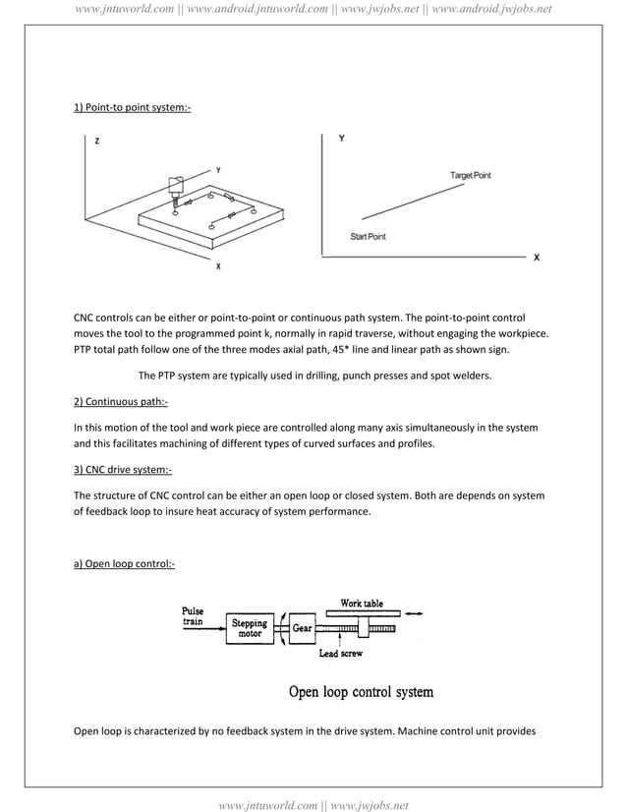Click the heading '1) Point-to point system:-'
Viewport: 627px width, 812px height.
point(132,106)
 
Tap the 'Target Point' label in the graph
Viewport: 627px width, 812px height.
point(470,175)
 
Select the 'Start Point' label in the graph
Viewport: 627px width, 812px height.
point(369,237)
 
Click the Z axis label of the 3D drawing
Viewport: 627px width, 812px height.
point(96,142)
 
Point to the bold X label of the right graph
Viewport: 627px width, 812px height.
point(536,258)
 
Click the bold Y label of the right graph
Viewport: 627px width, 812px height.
point(341,139)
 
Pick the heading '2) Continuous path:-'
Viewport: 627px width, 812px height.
point(121,402)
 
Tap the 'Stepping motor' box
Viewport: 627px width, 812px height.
point(249,628)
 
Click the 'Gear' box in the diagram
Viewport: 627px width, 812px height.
point(302,628)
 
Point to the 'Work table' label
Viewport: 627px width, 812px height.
point(362,603)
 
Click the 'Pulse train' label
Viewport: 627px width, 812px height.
point(193,615)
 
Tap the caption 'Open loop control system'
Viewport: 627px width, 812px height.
point(361,692)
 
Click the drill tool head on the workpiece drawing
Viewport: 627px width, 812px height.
point(176,187)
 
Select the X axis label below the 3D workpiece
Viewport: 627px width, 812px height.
point(217,266)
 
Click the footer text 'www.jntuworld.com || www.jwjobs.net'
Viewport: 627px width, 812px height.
point(313,805)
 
